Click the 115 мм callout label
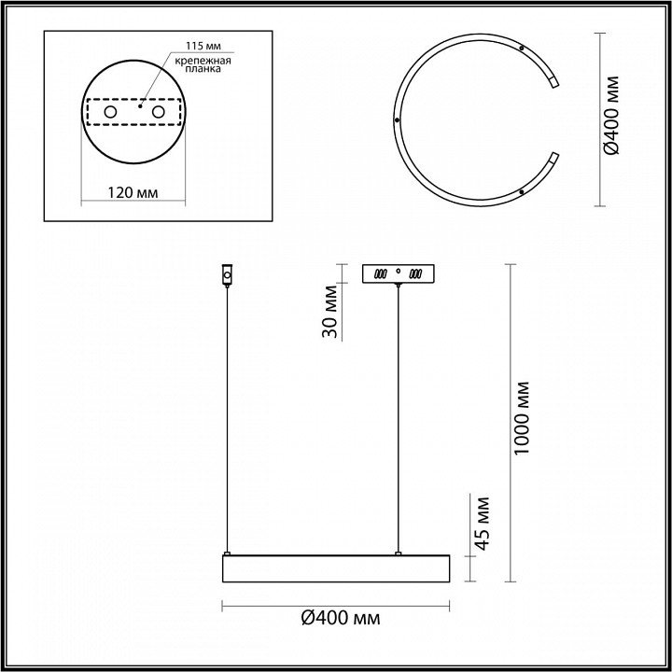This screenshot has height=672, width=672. (203, 46)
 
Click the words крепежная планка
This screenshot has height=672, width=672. (203, 64)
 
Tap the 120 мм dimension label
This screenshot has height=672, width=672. (133, 193)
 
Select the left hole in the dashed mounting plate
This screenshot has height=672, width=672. (110, 112)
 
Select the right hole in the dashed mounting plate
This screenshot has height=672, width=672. (158, 112)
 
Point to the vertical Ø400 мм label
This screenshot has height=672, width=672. (610, 116)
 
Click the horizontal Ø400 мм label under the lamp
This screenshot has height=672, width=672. (341, 618)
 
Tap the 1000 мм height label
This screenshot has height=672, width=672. (522, 418)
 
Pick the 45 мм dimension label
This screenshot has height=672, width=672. (483, 524)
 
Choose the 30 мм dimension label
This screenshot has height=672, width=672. (330, 311)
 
